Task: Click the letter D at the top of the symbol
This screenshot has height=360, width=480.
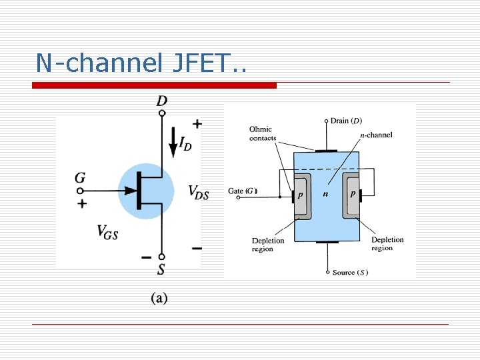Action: click(162, 101)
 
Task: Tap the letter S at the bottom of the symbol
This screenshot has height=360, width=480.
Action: click(161, 269)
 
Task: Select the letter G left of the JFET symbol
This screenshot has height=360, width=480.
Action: click(81, 178)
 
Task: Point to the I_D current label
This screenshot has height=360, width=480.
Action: click(185, 143)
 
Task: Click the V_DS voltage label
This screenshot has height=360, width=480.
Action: click(199, 193)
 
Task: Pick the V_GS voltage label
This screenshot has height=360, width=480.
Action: click(107, 231)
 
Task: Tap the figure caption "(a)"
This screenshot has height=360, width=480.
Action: click(159, 298)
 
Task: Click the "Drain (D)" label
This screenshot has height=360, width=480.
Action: click(347, 121)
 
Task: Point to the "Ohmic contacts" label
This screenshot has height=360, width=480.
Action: click(263, 133)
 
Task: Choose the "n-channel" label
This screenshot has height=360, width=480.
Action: click(376, 135)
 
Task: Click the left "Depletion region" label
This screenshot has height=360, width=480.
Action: click(267, 245)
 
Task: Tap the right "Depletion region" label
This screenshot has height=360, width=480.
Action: click(387, 244)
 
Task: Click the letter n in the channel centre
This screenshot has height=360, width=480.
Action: click(325, 195)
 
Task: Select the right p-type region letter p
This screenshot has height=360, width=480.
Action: click(352, 194)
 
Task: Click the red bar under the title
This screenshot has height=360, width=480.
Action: click(155, 85)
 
